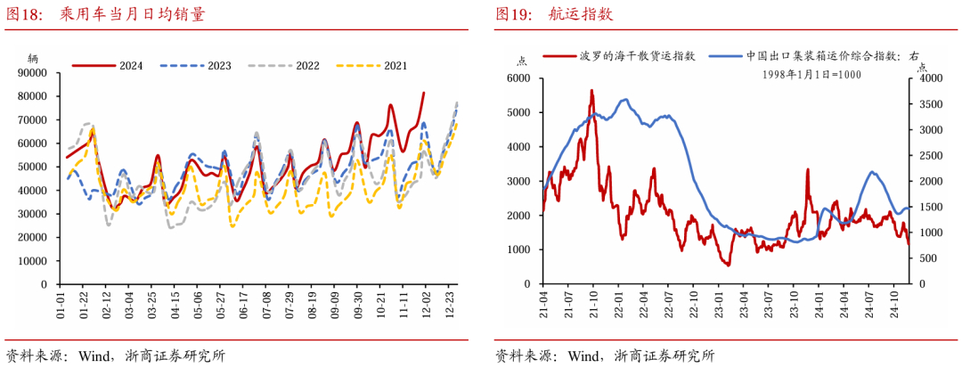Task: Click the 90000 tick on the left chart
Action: click(x=32, y=72)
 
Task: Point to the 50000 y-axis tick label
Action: click(x=32, y=167)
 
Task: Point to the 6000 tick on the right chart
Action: click(x=518, y=78)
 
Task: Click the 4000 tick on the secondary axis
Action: click(x=928, y=78)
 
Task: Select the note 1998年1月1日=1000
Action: click(x=811, y=75)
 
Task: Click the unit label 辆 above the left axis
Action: click(x=33, y=57)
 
